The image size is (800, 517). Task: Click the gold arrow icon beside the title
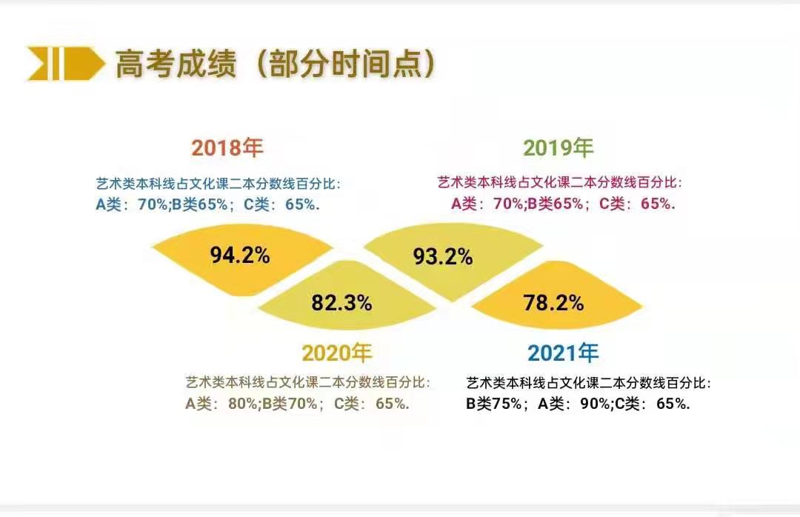click(x=66, y=63)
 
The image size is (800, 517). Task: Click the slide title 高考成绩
click(x=176, y=64)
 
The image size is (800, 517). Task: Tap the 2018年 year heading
click(x=227, y=147)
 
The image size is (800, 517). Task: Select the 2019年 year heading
click(x=559, y=147)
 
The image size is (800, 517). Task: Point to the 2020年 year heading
click(x=337, y=353)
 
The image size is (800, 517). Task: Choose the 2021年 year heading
click(x=563, y=353)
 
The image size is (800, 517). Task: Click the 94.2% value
click(x=240, y=255)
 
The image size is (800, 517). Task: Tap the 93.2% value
click(x=443, y=256)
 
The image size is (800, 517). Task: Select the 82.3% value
click(x=341, y=303)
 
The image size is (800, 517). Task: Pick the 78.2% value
click(x=553, y=303)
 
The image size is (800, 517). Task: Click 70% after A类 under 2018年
click(x=152, y=204)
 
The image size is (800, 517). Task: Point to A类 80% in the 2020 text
click(x=221, y=404)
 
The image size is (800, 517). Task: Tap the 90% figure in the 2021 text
click(x=594, y=404)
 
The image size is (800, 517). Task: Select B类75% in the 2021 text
click(x=494, y=404)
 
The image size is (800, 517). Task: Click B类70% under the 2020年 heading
click(x=290, y=404)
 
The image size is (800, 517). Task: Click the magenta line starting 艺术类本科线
click(x=560, y=182)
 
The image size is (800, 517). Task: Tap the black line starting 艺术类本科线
click(x=588, y=383)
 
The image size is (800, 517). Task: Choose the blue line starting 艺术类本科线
click(x=218, y=183)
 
